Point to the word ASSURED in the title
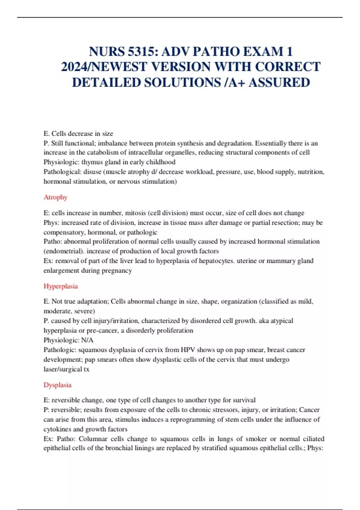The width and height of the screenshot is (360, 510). pyautogui.click(x=279, y=82)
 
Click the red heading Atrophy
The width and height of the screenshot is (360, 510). pyautogui.click(x=55, y=197)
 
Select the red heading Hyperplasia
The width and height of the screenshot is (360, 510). pyautogui.click(x=61, y=286)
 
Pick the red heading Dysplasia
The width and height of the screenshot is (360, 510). pyautogui.click(x=57, y=385)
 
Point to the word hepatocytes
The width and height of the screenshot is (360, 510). pyautogui.click(x=217, y=261)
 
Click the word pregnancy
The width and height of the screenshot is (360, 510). pyautogui.click(x=117, y=271)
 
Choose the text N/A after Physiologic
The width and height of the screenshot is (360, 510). pyautogui.click(x=87, y=340)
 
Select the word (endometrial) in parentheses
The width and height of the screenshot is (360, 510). pyautogui.click(x=64, y=251)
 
